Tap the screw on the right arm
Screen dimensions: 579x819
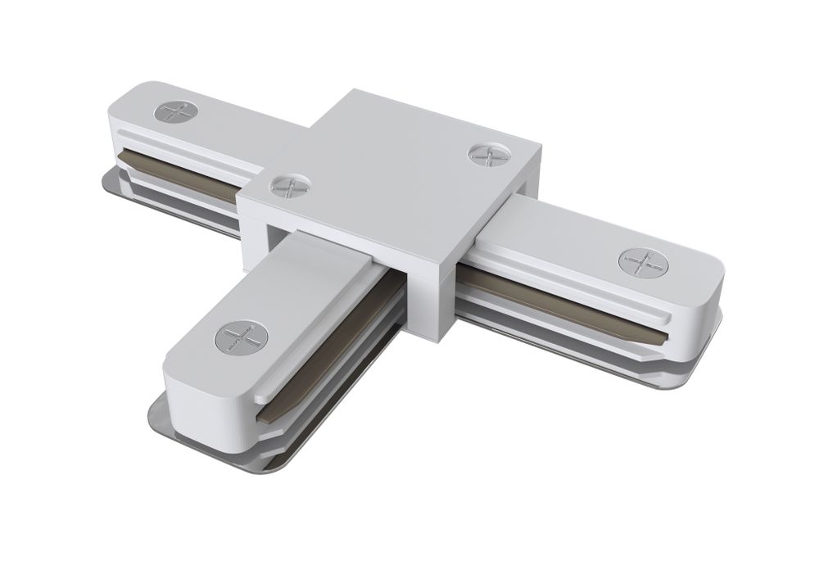pos(645,262)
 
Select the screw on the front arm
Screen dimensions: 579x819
pos(241,336)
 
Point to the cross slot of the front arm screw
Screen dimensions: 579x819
pos(241,336)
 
